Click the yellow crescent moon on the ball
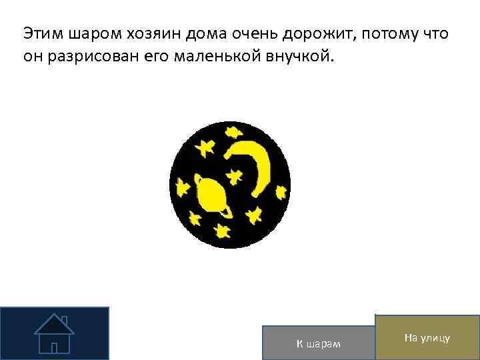[x=257, y=164]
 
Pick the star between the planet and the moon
[x=235, y=175]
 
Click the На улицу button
[x=427, y=339]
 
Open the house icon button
[x=54, y=333]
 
